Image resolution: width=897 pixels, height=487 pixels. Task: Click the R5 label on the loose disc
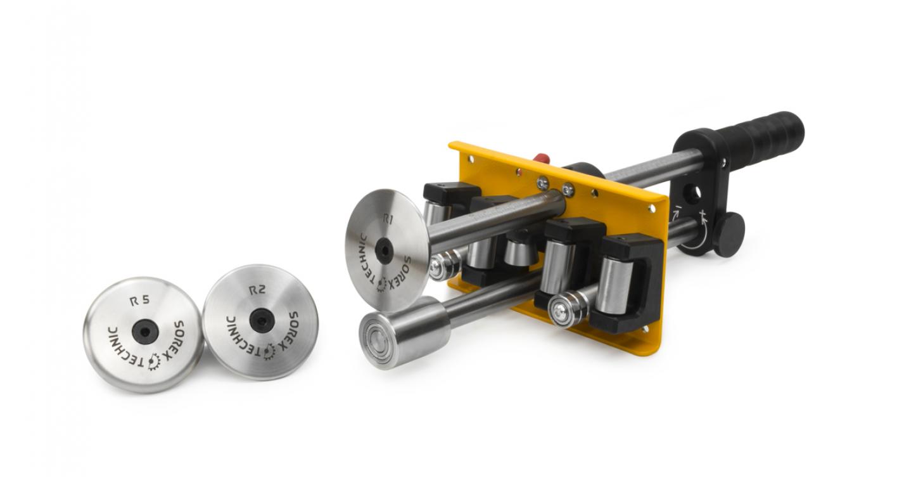[x=140, y=301]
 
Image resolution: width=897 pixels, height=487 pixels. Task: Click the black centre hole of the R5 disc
[x=145, y=332]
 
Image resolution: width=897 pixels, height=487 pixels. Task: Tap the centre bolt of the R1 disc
[x=384, y=251]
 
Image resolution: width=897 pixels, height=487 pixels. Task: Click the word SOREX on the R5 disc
[x=175, y=339]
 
